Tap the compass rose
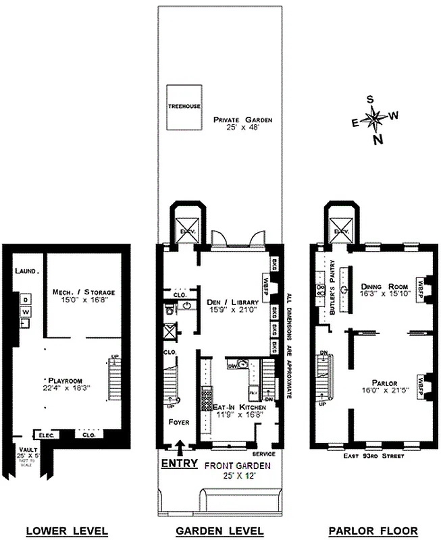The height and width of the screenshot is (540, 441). [373, 120]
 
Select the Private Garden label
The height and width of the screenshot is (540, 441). [242, 124]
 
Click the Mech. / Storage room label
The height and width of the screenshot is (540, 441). [84, 296]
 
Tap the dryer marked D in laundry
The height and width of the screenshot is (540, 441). [25, 299]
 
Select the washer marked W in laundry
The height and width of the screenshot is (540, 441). [25, 312]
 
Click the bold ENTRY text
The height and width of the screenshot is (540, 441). [179, 464]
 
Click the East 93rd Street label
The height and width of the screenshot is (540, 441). [373, 456]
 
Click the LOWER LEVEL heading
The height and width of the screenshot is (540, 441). [67, 531]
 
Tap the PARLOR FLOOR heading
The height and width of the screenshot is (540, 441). [373, 531]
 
